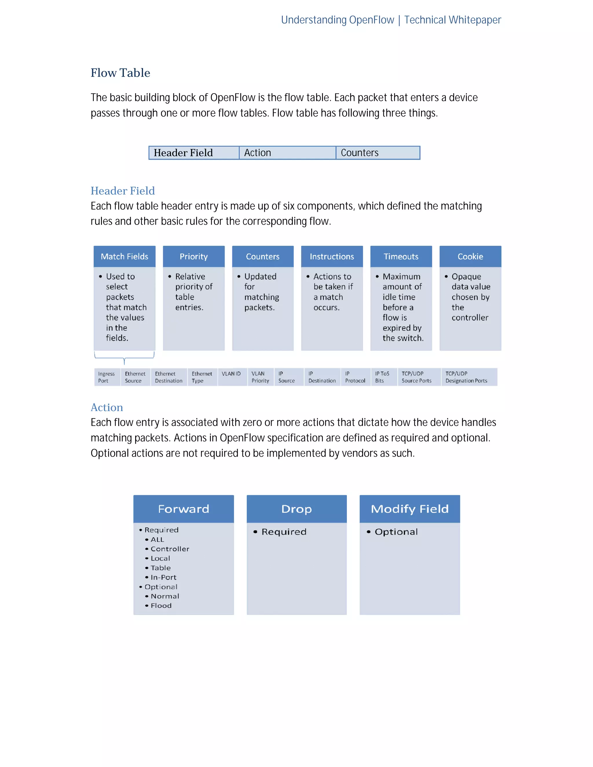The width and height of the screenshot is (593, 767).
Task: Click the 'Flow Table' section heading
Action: (120, 73)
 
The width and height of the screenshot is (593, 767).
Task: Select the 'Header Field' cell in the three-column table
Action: (194, 153)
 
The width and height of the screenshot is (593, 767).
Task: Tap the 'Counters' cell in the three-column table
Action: (377, 153)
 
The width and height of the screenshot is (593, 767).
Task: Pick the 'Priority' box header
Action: (194, 256)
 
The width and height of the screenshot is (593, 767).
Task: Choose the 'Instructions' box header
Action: (332, 256)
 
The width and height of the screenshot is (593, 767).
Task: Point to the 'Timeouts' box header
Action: (401, 256)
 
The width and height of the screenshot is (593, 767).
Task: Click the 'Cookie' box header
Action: (470, 256)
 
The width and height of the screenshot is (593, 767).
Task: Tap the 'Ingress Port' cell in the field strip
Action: (107, 377)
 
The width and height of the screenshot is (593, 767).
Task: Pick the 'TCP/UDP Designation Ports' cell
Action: (466, 377)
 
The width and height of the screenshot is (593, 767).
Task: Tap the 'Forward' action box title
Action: (183, 509)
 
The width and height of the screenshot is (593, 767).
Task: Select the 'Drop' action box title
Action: (296, 509)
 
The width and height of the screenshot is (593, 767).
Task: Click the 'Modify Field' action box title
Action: (410, 509)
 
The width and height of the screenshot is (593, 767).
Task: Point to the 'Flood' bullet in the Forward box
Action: (161, 605)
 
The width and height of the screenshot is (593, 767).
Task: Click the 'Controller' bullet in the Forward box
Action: (170, 548)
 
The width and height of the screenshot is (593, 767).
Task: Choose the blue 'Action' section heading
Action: (107, 408)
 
